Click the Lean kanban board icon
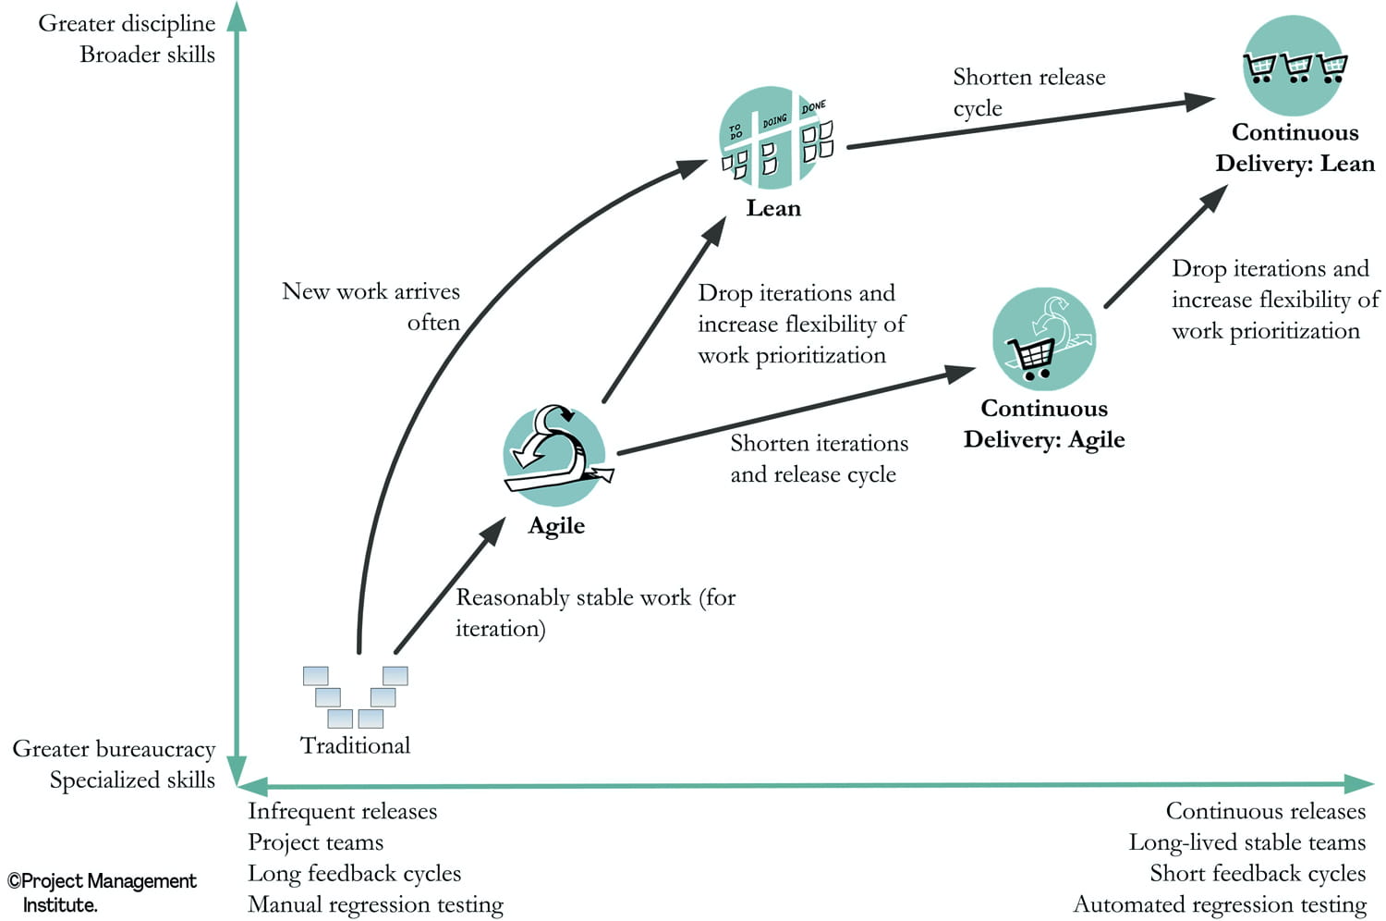(774, 139)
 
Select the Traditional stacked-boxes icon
(355, 696)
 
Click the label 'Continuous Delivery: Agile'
(1044, 424)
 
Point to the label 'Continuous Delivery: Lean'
(1295, 148)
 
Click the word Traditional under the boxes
(355, 746)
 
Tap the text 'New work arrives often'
(372, 306)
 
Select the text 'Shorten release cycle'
(1027, 92)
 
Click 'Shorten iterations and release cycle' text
(818, 459)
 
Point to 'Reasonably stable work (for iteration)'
(594, 612)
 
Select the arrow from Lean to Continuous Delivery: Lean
(1026, 124)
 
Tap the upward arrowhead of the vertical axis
(237, 17)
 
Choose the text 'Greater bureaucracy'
(114, 749)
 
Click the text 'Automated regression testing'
(1219, 904)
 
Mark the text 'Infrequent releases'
(342, 811)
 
